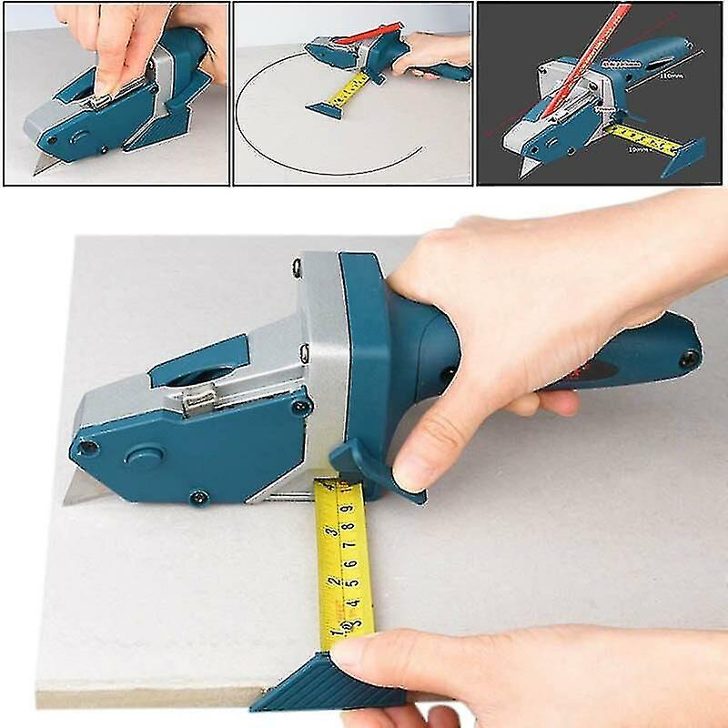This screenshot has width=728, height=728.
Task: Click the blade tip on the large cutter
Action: (69, 500)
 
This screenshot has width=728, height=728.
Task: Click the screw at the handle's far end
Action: (691, 357)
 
